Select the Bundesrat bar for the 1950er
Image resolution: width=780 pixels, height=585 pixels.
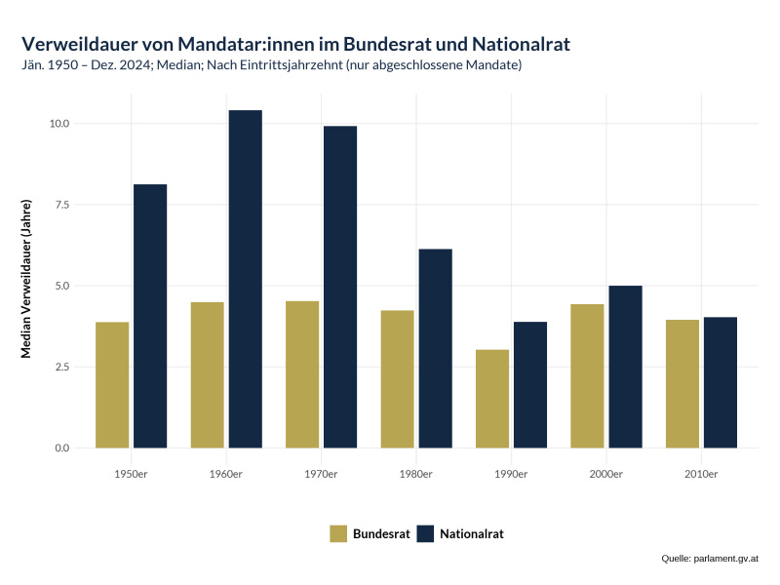coord(112,385)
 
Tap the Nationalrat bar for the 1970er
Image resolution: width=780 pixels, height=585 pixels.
coord(340,287)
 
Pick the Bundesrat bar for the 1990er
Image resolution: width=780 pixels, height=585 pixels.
coord(492,399)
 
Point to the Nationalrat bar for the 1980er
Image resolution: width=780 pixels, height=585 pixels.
coord(436,348)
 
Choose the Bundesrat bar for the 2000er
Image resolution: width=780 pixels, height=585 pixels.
coord(587,376)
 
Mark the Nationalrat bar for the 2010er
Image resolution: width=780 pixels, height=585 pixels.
coord(721,382)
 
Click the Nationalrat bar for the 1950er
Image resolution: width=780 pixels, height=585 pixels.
coord(150,316)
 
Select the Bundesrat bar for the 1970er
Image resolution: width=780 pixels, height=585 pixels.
coord(302,374)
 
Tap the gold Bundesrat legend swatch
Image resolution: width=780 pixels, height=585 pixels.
coord(338,533)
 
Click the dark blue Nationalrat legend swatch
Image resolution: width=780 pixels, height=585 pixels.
coord(425,533)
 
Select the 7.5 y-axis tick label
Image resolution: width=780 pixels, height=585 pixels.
coord(61,205)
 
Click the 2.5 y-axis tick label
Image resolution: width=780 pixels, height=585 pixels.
coord(61,368)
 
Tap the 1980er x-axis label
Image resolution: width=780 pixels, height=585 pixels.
coord(416,474)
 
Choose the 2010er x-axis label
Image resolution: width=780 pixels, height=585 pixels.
coord(701,474)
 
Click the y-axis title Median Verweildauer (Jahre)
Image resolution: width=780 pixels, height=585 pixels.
coord(27,278)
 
